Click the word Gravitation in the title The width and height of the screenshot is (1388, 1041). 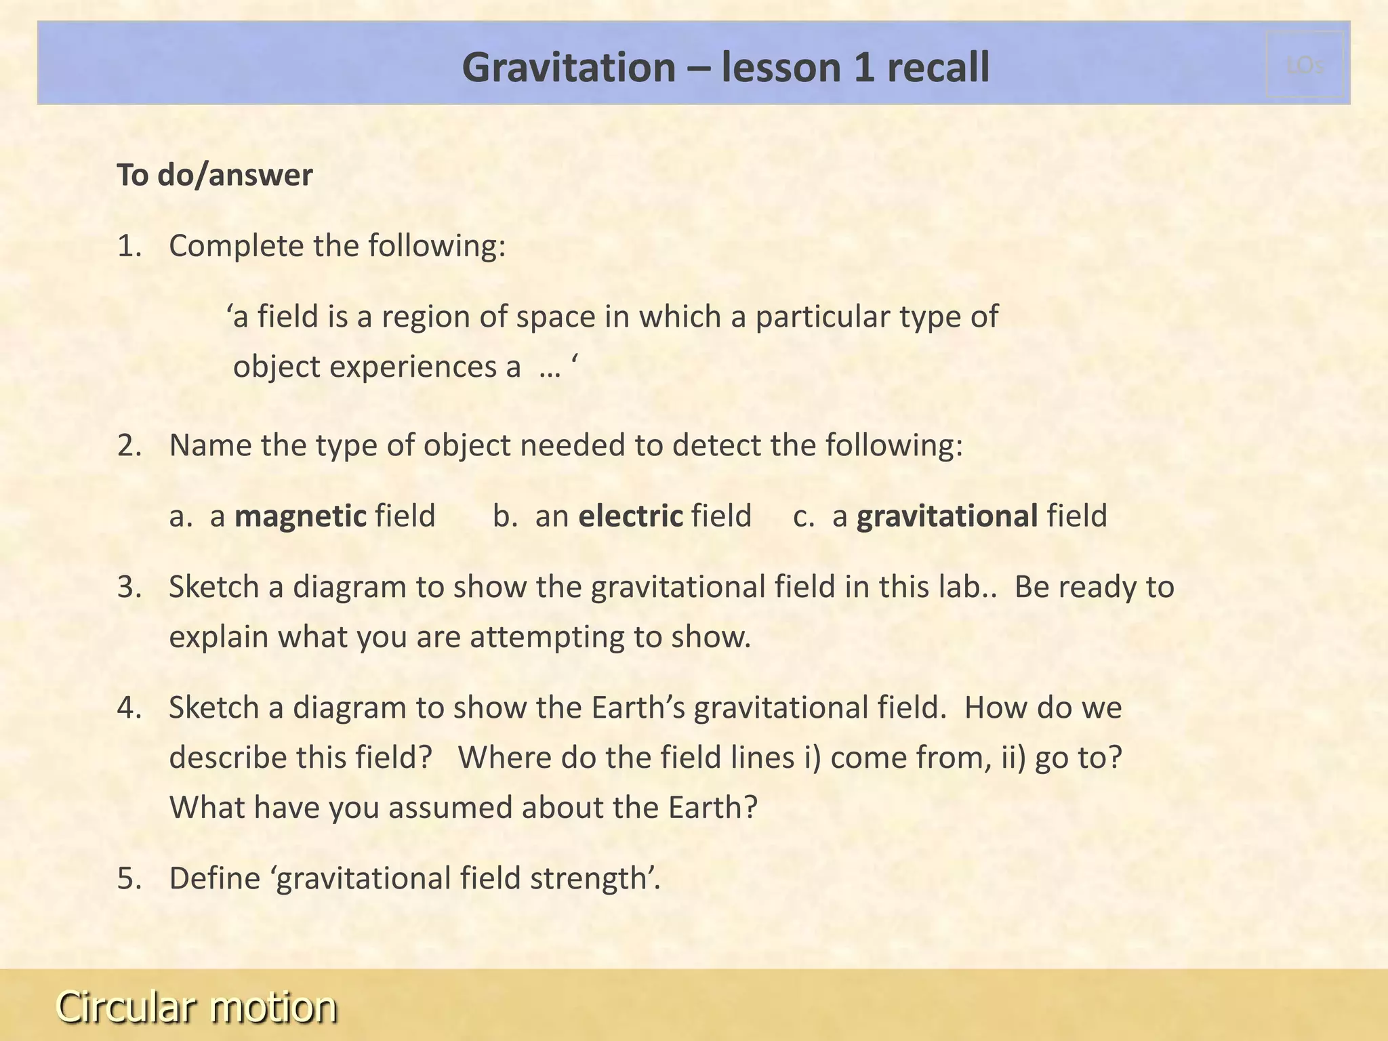pos(568,68)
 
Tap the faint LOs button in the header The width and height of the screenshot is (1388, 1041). pos(1305,65)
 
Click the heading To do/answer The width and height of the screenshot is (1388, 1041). pos(215,175)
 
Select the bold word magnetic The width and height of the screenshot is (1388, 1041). pos(300,516)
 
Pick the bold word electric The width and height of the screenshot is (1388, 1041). pos(630,516)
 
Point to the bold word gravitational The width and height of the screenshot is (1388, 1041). pos(947,516)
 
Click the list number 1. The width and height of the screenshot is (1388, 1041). pos(129,246)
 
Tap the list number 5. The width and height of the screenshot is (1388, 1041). pos(129,878)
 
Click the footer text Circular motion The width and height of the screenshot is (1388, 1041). pos(197,1006)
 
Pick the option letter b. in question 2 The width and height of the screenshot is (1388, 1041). pos(505,516)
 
